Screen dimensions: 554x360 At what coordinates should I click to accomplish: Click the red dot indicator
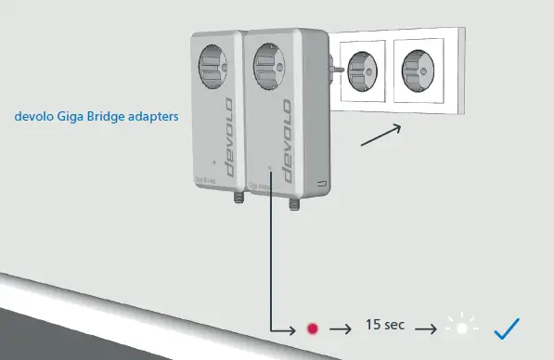point(312,328)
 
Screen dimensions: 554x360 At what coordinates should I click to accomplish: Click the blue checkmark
point(506,328)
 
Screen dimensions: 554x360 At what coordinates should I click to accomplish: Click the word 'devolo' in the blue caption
point(35,118)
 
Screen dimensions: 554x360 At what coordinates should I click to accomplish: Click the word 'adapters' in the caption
point(151,118)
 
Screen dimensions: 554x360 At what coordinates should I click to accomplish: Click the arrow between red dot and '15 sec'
point(341,328)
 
